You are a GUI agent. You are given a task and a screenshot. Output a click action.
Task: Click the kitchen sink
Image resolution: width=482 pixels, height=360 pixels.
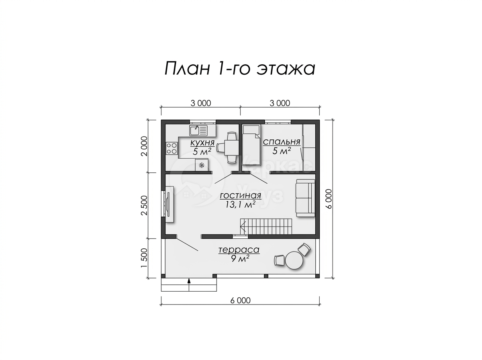pyautogui.click(x=198, y=130)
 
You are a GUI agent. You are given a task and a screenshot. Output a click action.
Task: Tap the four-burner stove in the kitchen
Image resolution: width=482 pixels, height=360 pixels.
pyautogui.click(x=172, y=148)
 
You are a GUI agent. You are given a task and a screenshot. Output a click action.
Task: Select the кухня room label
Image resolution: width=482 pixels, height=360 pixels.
pyautogui.click(x=202, y=143)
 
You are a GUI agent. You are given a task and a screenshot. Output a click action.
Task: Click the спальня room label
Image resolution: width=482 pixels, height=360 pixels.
pyautogui.click(x=281, y=142)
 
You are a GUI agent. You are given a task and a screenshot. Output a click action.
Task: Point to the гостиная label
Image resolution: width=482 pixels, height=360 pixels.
pyautogui.click(x=240, y=195)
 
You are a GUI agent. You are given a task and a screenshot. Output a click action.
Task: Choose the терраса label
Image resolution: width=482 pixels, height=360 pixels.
pyautogui.click(x=239, y=250)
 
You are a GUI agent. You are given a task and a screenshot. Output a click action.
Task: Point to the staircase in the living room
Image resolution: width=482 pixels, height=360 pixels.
pyautogui.click(x=266, y=227)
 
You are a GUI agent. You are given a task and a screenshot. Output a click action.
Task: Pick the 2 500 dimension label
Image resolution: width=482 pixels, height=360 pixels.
pyautogui.click(x=144, y=205)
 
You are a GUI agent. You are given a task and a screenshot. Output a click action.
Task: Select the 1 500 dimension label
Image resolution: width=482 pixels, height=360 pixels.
pyautogui.click(x=144, y=258)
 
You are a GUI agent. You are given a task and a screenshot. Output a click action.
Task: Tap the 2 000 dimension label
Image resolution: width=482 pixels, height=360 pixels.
pyautogui.click(x=144, y=146)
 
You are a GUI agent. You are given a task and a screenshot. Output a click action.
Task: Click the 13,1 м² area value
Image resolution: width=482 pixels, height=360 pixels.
pyautogui.click(x=240, y=204)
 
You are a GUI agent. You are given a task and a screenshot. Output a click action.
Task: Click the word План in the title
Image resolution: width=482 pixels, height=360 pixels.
pyautogui.click(x=187, y=69)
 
